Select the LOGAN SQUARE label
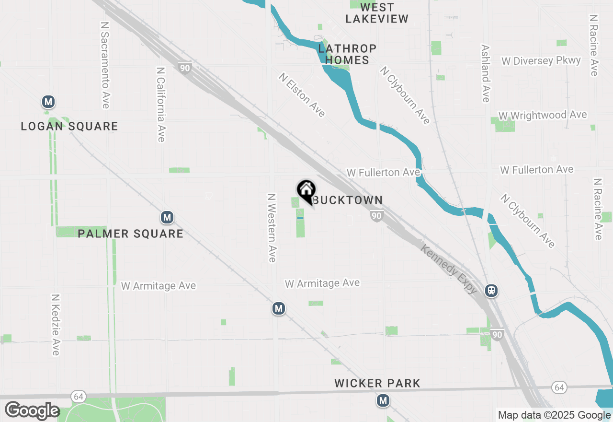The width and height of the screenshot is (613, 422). pos(69,127)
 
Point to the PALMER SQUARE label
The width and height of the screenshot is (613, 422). pos(131,234)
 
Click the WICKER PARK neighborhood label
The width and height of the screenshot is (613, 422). pos(377,384)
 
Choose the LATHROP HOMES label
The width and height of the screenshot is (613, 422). pos(347,54)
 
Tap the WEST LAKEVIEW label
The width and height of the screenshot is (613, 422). pos(377,13)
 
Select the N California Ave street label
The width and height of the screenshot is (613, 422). pos(161,104)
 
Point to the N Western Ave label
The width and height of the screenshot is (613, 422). pos(272,228)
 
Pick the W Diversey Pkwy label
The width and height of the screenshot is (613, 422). pos(541,61)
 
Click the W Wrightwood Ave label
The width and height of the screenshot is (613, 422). pos(542,116)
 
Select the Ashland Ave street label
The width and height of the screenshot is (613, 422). pos(486,73)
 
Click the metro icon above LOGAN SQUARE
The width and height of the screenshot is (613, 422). pos(48,102)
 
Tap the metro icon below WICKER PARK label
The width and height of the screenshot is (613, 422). pos(383,400)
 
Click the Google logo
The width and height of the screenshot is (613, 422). pos(32,411)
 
